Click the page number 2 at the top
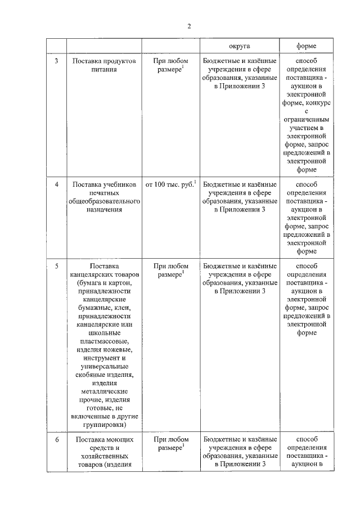point(190,26)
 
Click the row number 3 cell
point(56,60)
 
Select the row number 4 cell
point(56,184)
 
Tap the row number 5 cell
point(56,266)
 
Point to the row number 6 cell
point(56,439)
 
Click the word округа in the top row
point(240,46)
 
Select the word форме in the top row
point(306,46)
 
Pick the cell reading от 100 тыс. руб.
point(170,184)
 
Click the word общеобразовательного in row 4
point(103,201)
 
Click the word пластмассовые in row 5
point(103,341)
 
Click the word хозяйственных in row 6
point(103,456)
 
